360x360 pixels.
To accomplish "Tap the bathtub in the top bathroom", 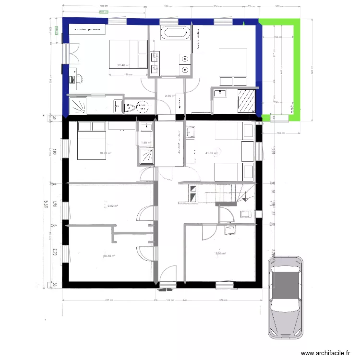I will tap(174, 33).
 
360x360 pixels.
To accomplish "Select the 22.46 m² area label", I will tap(123, 65).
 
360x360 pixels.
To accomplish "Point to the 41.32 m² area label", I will tap(211, 154).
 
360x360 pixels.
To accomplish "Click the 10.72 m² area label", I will tap(105, 154).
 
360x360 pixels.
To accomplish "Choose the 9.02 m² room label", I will tap(113, 206).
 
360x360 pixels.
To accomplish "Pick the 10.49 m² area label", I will tap(109, 256).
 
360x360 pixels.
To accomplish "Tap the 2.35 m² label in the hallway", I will tap(170, 96).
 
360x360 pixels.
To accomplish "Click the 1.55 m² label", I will tap(146, 142).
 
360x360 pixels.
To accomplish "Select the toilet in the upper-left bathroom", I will tap(132, 106).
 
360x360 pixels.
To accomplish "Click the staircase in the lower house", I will tap(226, 194).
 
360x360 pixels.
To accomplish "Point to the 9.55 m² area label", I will tap(220, 254).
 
